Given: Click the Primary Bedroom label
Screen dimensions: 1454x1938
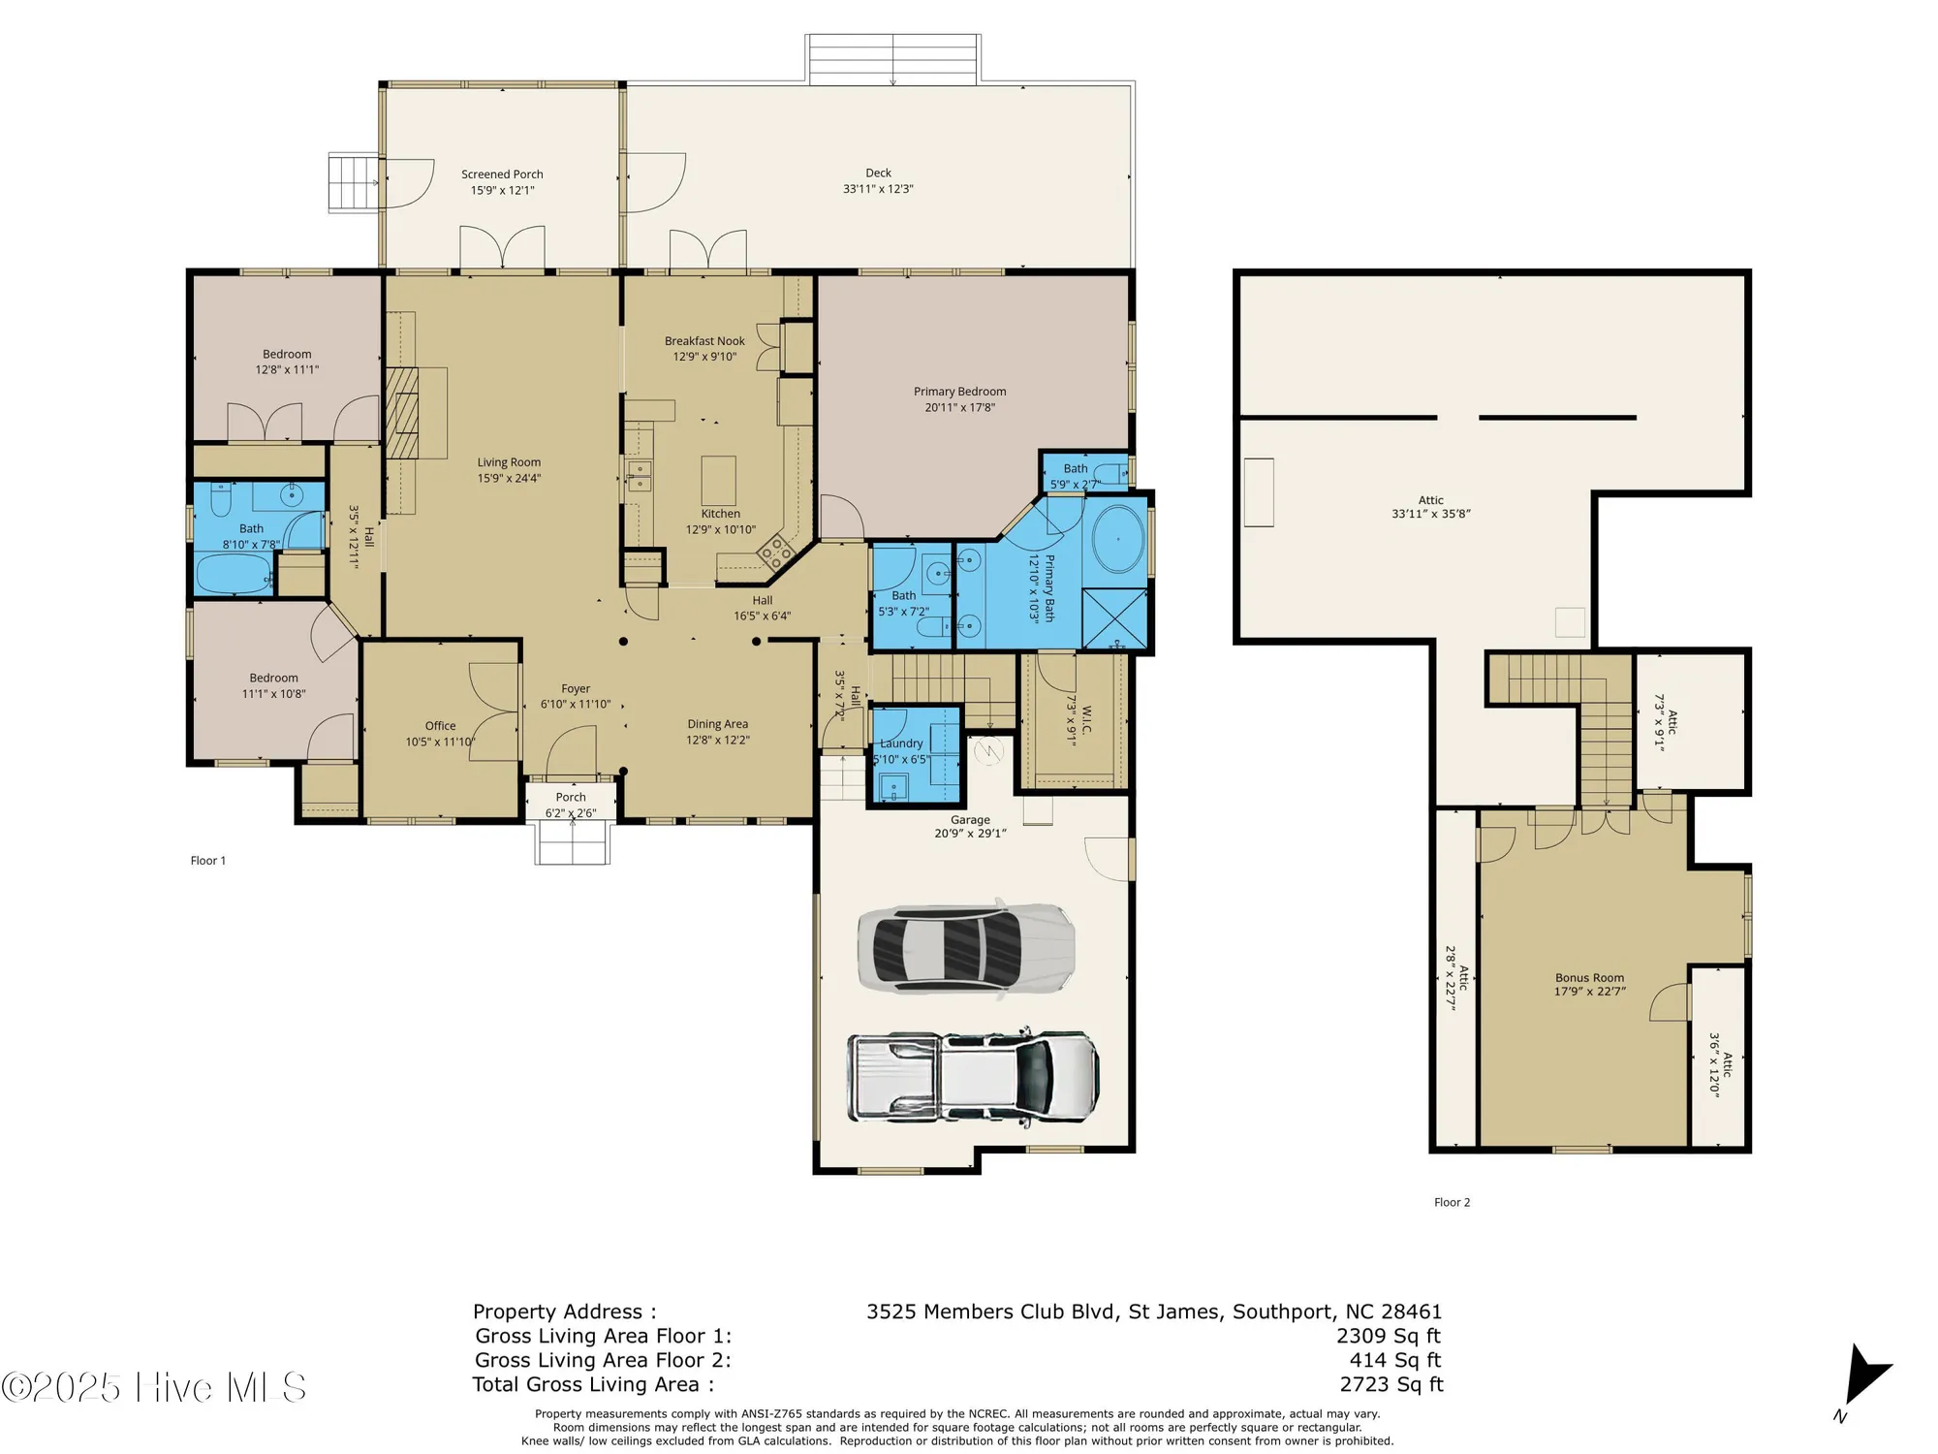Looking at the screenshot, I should tap(959, 392).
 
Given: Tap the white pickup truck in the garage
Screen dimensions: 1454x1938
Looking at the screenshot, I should tap(973, 1076).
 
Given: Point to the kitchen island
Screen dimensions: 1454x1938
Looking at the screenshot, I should tap(718, 480).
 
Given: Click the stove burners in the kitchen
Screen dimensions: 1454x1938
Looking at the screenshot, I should tap(775, 553).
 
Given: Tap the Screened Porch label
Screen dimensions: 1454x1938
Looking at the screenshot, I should tap(502, 174).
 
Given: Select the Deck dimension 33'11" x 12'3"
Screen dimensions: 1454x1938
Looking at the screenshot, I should tap(878, 189).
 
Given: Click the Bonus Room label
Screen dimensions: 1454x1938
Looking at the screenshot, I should tap(1589, 978).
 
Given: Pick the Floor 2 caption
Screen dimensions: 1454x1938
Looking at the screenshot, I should tap(1452, 1202).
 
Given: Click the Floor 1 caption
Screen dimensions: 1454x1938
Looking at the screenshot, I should tap(208, 861).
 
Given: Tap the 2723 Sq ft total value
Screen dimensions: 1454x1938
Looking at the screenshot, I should tap(1391, 1384).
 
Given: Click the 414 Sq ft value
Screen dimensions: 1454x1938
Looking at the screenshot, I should tap(1394, 1360).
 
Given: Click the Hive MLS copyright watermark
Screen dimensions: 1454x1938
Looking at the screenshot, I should tap(155, 1387).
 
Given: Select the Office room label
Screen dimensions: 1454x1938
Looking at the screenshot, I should tap(440, 726).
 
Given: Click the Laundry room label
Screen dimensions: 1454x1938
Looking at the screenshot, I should tap(901, 743).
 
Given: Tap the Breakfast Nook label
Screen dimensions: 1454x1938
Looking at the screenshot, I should tap(704, 341).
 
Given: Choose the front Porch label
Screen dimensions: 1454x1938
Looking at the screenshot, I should tap(571, 798).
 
